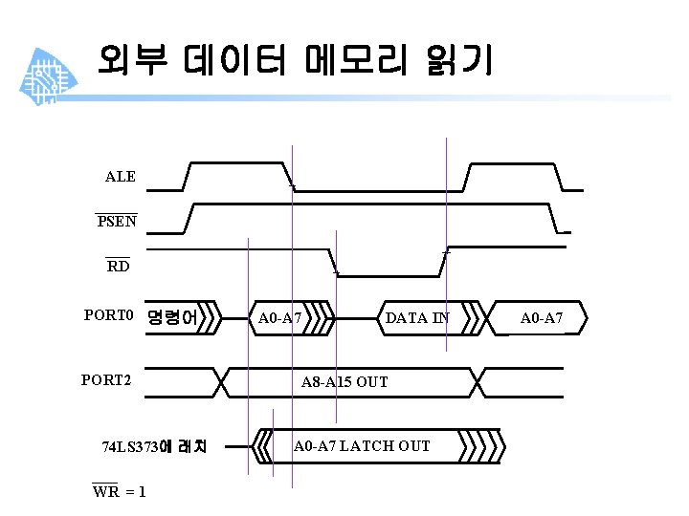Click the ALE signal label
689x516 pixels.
pyautogui.click(x=120, y=177)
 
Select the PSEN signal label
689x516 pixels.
pyautogui.click(x=116, y=222)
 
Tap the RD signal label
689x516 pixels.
pyautogui.click(x=118, y=266)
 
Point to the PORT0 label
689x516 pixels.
pyautogui.click(x=107, y=313)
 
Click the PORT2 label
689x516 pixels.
pyautogui.click(x=105, y=380)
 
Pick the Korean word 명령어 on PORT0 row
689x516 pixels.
pyautogui.click(x=172, y=317)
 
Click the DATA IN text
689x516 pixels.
pyautogui.click(x=416, y=318)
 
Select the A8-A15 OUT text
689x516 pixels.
pyautogui.click(x=344, y=382)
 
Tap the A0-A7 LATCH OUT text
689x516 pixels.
pyautogui.click(x=362, y=446)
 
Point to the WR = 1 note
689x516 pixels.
pyautogui.click(x=119, y=491)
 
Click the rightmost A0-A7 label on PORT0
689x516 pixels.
pyautogui.click(x=542, y=317)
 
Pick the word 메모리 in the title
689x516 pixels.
pyautogui.click(x=354, y=60)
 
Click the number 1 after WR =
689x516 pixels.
pyautogui.click(x=142, y=491)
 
